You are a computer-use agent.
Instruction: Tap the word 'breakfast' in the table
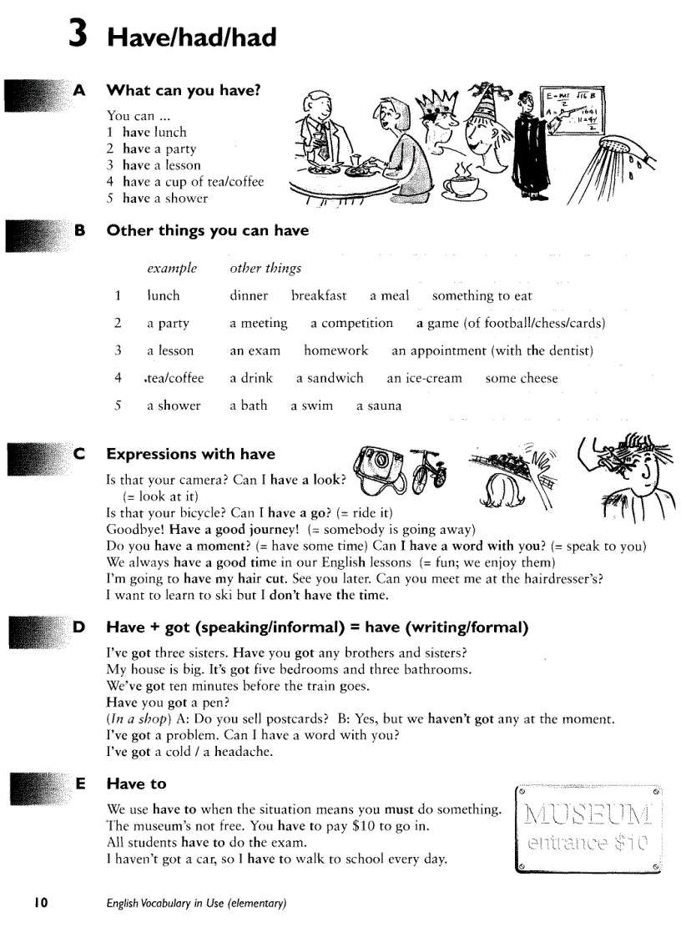(318, 295)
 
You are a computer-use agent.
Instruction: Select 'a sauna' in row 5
(379, 406)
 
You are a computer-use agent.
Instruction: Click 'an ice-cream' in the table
(423, 378)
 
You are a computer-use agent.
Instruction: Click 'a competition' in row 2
(351, 323)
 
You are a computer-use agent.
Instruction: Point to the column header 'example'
(172, 268)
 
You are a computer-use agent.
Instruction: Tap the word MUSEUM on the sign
(588, 814)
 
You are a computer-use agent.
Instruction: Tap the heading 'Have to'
(136, 783)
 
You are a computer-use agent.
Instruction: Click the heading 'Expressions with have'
(190, 454)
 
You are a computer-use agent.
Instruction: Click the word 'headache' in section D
(243, 751)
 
